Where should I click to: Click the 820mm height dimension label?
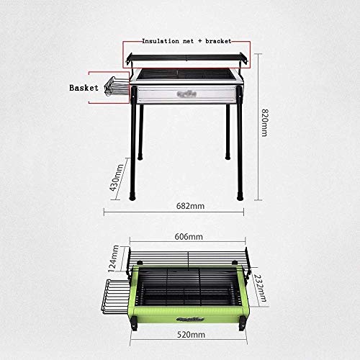(264, 122)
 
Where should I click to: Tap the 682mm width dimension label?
(190, 206)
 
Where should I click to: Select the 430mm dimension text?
(117, 178)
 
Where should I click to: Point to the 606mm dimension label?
(189, 237)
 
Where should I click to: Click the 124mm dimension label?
(113, 258)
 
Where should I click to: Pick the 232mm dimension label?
(260, 288)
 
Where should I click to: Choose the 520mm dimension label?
(191, 335)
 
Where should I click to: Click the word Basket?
(84, 88)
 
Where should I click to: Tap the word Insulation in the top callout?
(161, 41)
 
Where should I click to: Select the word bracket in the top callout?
(218, 41)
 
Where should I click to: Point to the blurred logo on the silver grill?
(186, 94)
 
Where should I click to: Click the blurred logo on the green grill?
(190, 319)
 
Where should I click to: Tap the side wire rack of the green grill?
(114, 297)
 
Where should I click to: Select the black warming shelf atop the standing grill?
(186, 58)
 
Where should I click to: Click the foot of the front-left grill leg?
(132, 196)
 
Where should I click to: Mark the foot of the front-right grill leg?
(240, 196)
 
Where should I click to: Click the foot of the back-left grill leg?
(140, 157)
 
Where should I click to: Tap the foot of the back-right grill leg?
(228, 156)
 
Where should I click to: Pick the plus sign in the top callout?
(200, 41)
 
